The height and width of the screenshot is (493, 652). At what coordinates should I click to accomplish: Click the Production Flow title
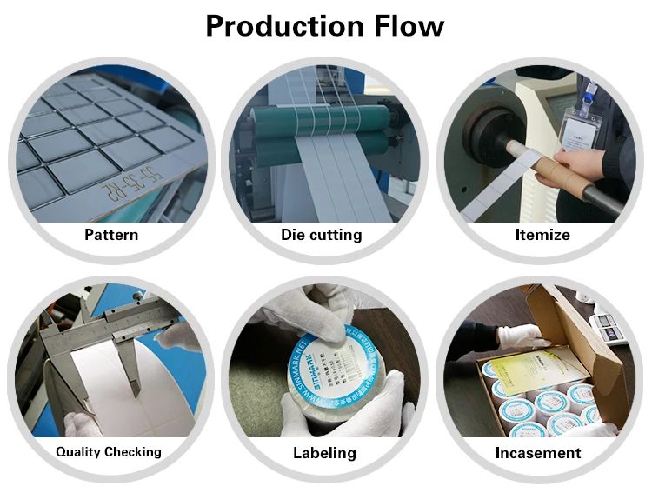324,26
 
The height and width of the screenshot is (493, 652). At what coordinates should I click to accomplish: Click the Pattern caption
111,235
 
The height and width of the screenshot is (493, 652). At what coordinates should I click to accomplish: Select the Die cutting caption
321,235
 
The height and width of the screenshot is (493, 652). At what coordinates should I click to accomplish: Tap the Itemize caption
542,235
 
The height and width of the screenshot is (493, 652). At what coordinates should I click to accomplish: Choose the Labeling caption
323,453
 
